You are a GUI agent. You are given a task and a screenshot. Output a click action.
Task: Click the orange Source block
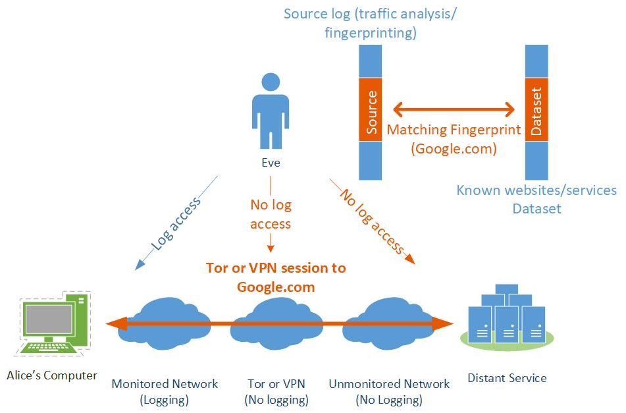point(371,111)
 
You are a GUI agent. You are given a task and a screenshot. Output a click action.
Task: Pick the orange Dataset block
point(536,111)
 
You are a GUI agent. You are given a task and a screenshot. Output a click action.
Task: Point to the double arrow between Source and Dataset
point(454,109)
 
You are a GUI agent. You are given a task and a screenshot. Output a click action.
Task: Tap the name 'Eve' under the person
point(271,163)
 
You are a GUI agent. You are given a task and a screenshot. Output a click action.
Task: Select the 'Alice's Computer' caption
point(52,375)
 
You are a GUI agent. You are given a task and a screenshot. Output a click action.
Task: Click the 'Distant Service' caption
point(507,378)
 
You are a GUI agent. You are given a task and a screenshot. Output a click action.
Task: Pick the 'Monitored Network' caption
point(165,384)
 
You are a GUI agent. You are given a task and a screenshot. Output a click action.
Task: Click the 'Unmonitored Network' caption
point(389,384)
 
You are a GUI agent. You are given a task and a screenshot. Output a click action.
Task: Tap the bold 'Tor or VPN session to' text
point(276,268)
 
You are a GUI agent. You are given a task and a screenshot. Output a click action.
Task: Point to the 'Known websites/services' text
point(536,191)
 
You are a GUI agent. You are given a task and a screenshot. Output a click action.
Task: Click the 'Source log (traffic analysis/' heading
point(370,13)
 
